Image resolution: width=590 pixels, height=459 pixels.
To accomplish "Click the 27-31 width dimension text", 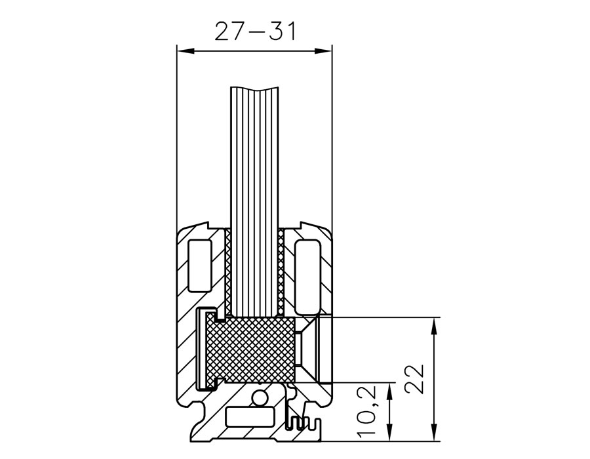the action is click(x=255, y=31).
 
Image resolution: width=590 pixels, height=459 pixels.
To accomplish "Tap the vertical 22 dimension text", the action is click(x=415, y=379).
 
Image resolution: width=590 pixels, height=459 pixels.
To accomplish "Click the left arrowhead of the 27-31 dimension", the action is click(x=185, y=51).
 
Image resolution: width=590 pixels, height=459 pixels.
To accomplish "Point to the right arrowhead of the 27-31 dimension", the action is click(x=324, y=51).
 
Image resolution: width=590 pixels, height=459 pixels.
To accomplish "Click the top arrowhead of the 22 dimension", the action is click(x=434, y=326).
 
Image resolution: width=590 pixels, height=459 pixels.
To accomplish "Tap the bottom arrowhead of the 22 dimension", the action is click(x=434, y=432).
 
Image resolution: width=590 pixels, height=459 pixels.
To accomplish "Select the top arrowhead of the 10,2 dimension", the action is click(x=390, y=391).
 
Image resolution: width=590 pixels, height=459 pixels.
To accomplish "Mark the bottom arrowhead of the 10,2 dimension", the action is click(x=390, y=433).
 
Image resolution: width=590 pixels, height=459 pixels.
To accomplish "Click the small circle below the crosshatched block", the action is click(x=259, y=398).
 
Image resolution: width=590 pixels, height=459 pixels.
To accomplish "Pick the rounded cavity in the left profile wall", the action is click(x=199, y=266).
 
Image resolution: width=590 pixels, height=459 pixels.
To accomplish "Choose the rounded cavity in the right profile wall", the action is click(x=308, y=277).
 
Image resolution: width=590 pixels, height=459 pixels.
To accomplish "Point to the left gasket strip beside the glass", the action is click(x=227, y=272).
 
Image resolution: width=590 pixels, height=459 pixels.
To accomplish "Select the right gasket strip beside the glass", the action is click(x=281, y=272).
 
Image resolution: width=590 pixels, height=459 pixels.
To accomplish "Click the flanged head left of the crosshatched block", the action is click(x=206, y=349).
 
